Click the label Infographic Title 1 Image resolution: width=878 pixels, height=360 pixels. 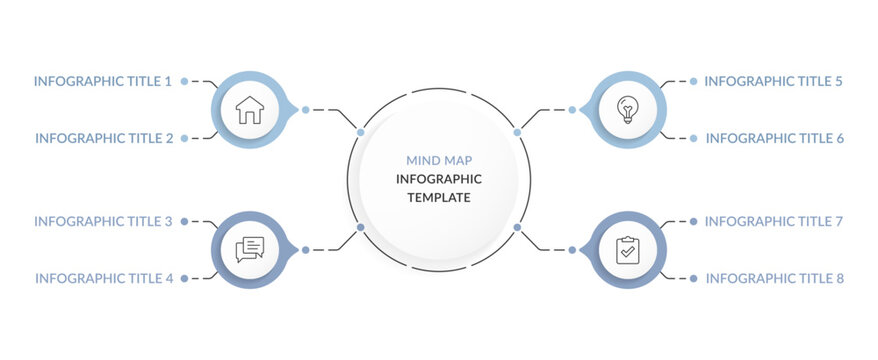[103, 81]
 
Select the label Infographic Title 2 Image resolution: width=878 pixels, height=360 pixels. [104, 138]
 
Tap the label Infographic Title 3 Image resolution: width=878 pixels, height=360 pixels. [103, 221]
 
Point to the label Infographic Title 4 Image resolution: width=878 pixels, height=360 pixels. [104, 278]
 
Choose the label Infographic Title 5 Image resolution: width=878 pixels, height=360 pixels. [774, 81]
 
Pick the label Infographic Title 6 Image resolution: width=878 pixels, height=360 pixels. [775, 138]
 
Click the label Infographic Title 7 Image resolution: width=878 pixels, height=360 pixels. [774, 221]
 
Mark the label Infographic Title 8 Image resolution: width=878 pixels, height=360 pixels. [775, 278]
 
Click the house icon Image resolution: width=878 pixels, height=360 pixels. [249, 109]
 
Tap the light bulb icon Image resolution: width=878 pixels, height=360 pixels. [627, 109]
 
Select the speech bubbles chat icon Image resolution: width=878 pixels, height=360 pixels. [249, 249]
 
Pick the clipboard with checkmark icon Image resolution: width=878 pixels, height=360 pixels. [627, 249]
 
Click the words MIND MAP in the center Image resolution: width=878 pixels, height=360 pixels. [439, 160]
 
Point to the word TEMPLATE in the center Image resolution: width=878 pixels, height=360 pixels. [439, 198]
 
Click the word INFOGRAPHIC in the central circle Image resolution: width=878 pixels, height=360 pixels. [439, 179]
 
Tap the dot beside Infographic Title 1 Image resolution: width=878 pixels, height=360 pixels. [185, 81]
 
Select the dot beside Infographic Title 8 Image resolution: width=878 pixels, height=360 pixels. [693, 278]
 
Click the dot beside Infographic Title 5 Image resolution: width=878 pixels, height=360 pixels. [693, 81]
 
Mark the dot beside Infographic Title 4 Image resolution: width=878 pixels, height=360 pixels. [185, 278]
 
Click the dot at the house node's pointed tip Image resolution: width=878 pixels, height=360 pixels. [306, 109]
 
